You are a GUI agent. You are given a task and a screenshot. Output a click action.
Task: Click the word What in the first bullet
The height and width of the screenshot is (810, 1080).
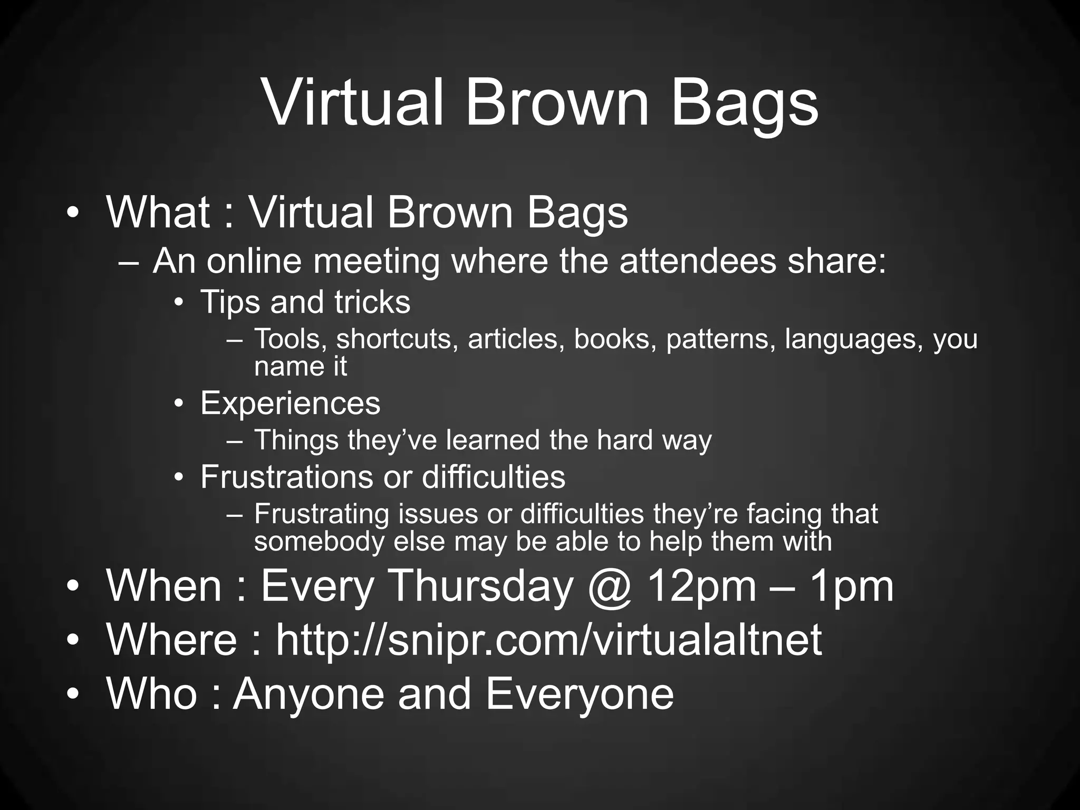(x=158, y=212)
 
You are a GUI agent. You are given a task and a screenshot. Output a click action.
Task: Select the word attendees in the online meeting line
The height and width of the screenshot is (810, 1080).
(x=698, y=261)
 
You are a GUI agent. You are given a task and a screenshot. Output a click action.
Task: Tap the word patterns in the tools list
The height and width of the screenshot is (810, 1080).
(x=721, y=339)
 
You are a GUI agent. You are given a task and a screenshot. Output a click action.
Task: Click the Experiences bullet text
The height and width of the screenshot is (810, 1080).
(x=290, y=403)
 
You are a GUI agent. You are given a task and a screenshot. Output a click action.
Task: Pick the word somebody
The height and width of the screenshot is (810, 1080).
(x=320, y=542)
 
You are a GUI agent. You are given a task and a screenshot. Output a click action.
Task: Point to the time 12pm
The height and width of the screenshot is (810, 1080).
(x=701, y=586)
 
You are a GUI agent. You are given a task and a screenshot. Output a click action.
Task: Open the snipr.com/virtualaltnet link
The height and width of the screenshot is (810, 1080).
(x=548, y=640)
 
